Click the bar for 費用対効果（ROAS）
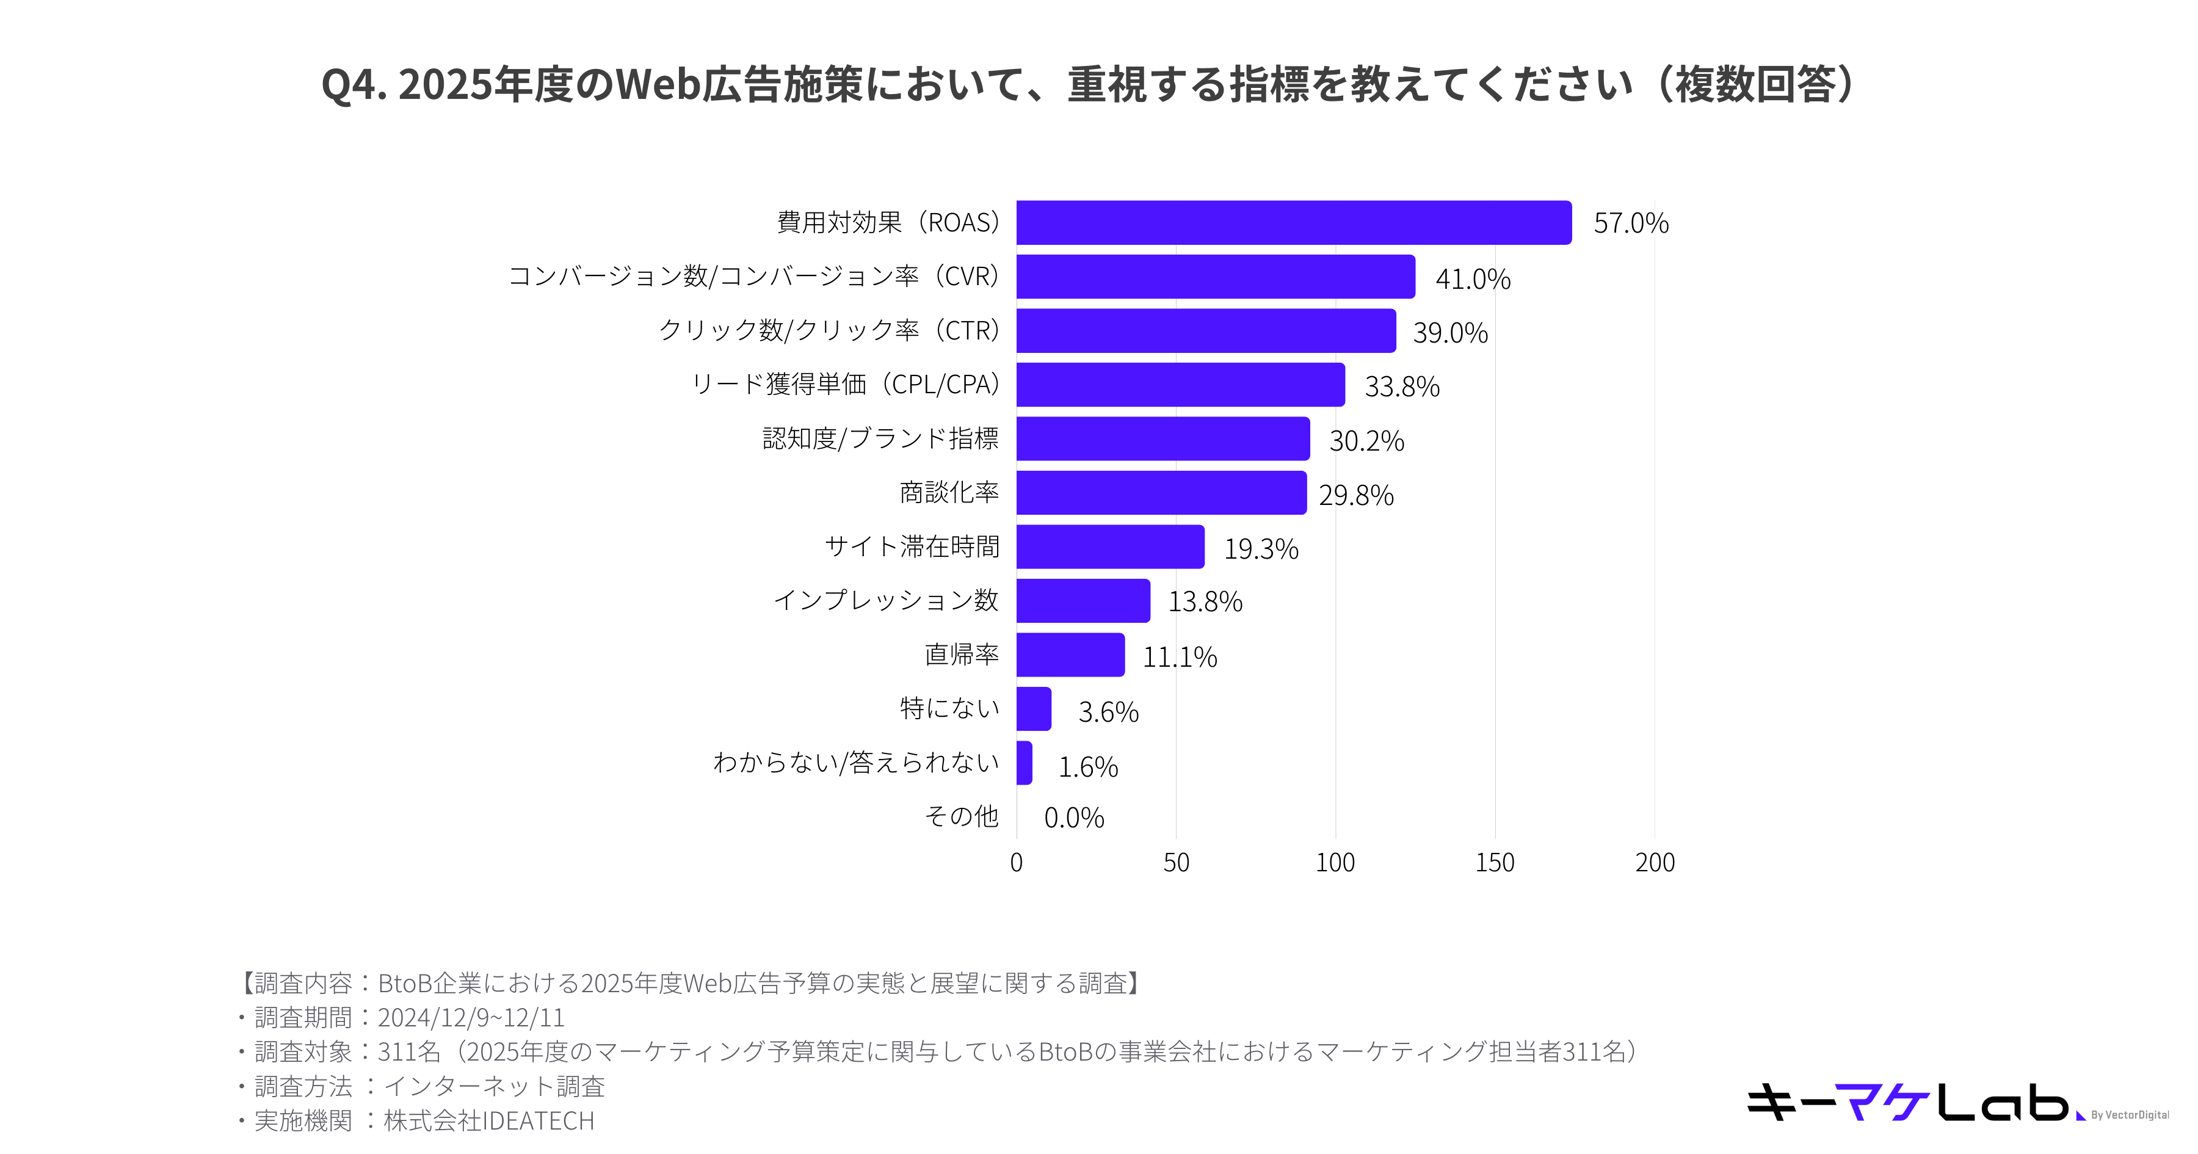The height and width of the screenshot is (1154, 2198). pos(1293,223)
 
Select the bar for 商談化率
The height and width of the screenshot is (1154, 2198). pos(1161,493)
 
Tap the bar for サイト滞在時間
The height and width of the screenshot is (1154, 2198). pos(1109,547)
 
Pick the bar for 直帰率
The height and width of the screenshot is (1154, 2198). pos(1070,655)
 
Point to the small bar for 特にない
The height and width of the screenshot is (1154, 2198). pos(1033,708)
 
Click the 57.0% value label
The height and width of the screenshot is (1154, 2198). pos(1631,223)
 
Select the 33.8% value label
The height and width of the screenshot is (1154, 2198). pos(1402,386)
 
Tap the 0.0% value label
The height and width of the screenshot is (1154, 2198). pos(1073,818)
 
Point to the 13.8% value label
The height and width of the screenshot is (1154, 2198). pos(1205,602)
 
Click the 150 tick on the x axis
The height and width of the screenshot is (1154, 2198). pos(1494,862)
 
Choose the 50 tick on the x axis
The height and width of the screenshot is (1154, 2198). pos(1176,862)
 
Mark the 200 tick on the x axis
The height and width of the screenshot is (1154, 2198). pos(1655,862)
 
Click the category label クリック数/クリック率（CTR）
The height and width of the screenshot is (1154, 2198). pos(829,330)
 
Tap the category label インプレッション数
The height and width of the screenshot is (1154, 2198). pos(886,600)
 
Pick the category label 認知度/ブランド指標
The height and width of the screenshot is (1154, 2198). pos(880,439)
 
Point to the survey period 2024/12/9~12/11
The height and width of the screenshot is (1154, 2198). pos(471,1017)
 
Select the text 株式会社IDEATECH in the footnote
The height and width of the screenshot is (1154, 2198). pos(489,1120)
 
